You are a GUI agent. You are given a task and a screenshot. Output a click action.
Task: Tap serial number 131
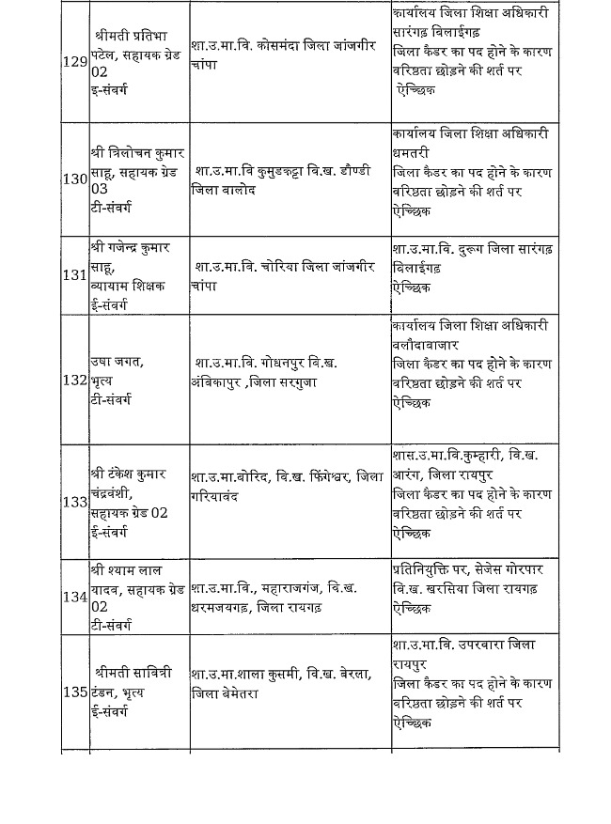pyautogui.click(x=74, y=275)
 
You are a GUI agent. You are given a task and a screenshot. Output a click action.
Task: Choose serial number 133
pyautogui.click(x=74, y=501)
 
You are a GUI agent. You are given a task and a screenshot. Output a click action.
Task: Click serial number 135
pyautogui.click(x=74, y=692)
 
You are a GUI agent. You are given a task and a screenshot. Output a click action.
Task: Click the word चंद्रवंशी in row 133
pyautogui.click(x=114, y=495)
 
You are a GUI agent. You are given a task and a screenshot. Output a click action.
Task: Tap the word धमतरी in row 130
pyautogui.click(x=416, y=153)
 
